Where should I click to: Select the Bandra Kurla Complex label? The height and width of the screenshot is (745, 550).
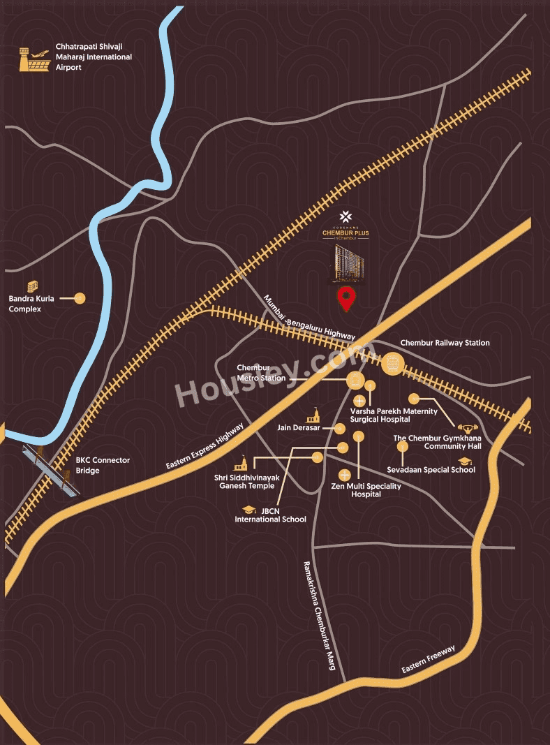pyautogui.click(x=25, y=304)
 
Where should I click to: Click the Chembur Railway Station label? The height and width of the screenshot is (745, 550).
pyautogui.click(x=445, y=343)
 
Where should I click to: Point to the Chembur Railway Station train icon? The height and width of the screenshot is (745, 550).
pyautogui.click(x=392, y=363)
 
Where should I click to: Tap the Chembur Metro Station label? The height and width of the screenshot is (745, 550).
pyautogui.click(x=261, y=373)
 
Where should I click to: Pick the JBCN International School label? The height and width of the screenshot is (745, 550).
pyautogui.click(x=270, y=515)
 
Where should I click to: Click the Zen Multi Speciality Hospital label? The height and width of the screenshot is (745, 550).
pyautogui.click(x=366, y=489)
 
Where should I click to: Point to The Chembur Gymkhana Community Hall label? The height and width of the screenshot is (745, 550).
pyautogui.click(x=434, y=442)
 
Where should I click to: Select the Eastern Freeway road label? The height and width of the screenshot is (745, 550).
pyautogui.click(x=429, y=660)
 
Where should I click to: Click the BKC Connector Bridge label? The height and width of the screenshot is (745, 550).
pyautogui.click(x=103, y=465)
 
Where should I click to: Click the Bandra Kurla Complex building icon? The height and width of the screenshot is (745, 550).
pyautogui.click(x=32, y=286)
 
